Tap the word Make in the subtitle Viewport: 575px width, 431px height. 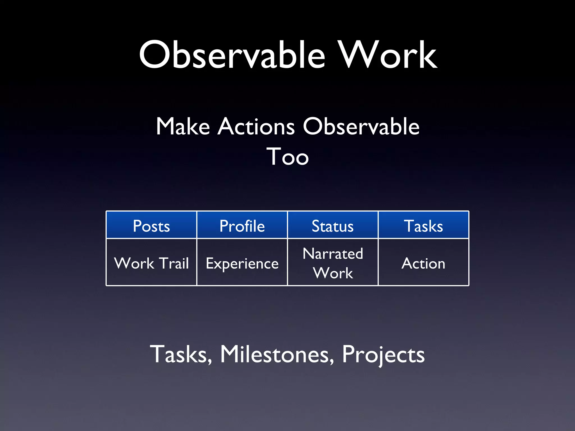[183, 127]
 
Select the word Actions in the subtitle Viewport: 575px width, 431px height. [256, 127]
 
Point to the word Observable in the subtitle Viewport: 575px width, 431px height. [361, 127]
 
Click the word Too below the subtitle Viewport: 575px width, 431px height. [287, 157]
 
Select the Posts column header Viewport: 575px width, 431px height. [151, 226]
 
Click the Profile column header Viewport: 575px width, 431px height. [242, 226]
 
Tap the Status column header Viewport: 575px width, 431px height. [333, 226]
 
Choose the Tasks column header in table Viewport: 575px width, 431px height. [423, 226]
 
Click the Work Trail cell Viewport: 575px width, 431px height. [151, 263]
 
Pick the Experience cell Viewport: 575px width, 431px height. [242, 263]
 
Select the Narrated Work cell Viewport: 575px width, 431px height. [333, 263]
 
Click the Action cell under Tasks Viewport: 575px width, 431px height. [423, 263]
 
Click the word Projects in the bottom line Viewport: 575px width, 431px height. [383, 354]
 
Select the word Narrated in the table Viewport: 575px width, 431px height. [333, 254]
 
